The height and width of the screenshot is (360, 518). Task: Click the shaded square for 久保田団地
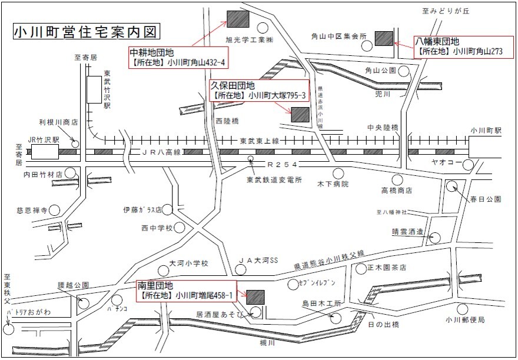[300, 114]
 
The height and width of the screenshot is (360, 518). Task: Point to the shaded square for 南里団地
[255, 296]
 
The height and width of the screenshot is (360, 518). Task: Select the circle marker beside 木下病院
[338, 173]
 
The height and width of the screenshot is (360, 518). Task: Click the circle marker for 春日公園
[451, 186]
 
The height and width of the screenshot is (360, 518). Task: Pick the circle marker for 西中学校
[180, 227]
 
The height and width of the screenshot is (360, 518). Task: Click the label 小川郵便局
[465, 320]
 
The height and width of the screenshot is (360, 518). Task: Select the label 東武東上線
[260, 141]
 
